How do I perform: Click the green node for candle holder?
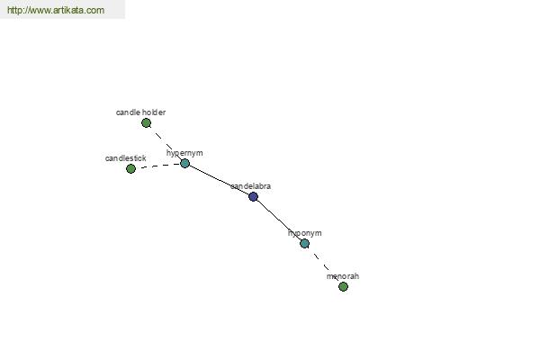146,122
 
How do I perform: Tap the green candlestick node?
130,169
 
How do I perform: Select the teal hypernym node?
184,163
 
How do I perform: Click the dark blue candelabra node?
253,197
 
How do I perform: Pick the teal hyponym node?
304,244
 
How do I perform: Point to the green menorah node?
343,286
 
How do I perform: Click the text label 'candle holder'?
141,112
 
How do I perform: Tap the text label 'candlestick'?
126,158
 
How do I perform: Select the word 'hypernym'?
184,153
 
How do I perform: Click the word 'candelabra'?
251,186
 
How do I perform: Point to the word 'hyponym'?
305,234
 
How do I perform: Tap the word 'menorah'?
343,276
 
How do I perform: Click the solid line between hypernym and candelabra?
219,180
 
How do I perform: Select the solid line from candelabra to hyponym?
279,220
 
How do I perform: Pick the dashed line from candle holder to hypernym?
166,143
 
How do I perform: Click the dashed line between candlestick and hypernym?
157,166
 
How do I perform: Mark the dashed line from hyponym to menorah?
324,265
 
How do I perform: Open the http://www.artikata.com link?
56,10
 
